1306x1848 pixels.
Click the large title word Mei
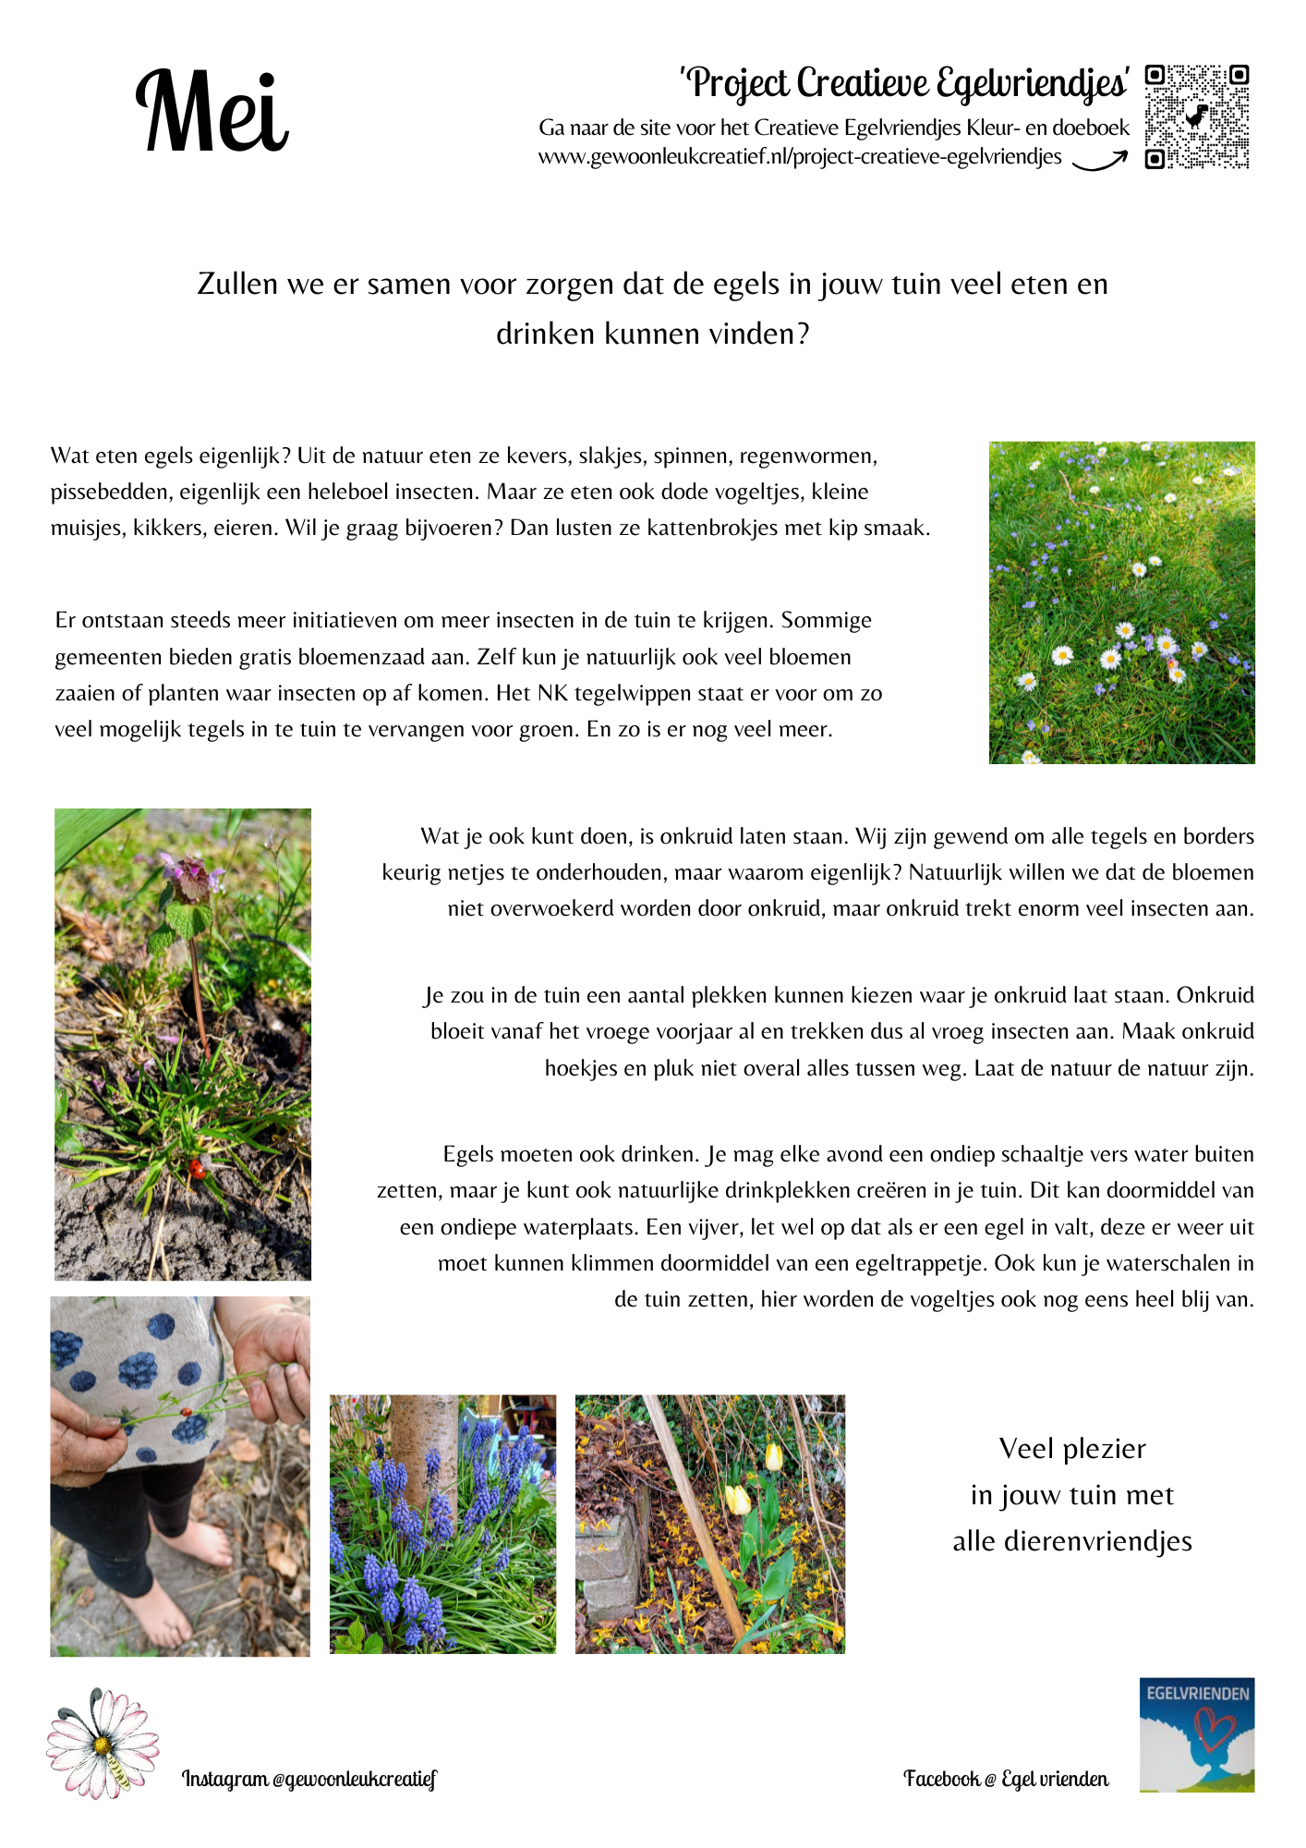[x=212, y=113]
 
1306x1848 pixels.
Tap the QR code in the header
[x=1197, y=116]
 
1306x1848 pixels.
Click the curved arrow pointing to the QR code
[x=1099, y=162]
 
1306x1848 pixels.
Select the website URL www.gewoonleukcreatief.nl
[x=800, y=157]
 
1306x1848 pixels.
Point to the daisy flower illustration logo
[x=102, y=1743]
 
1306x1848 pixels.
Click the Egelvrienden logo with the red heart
[x=1197, y=1734]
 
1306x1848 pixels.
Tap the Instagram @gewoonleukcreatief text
[x=308, y=1779]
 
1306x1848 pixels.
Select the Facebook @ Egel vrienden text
[x=1006, y=1779]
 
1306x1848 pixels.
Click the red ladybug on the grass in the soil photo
[x=197, y=1169]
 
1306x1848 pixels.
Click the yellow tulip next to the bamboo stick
[x=737, y=1499]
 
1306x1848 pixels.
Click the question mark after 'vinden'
[x=803, y=334]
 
